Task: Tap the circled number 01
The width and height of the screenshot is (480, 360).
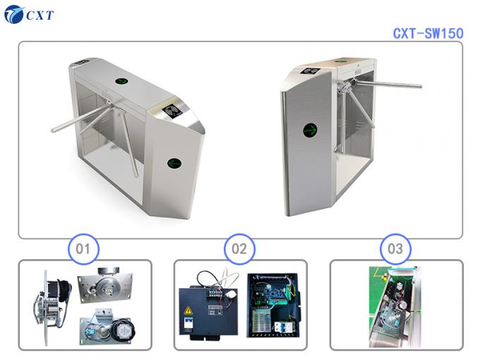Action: click(x=84, y=248)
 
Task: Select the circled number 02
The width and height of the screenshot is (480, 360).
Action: click(x=239, y=248)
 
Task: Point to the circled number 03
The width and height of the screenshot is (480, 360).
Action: click(x=395, y=248)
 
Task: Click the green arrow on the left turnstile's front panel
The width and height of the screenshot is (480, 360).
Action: click(x=174, y=163)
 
